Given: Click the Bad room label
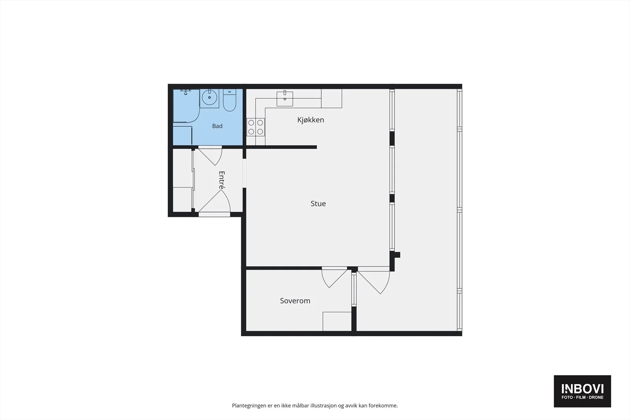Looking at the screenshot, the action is [x=217, y=126].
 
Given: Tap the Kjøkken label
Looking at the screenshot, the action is [x=311, y=120].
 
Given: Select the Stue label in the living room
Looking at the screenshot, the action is [x=318, y=204].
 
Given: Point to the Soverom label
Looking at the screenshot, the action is [x=295, y=301].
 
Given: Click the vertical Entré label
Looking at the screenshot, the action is [x=222, y=180].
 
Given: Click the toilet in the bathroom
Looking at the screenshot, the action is [x=230, y=100].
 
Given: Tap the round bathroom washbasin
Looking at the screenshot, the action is [x=209, y=97].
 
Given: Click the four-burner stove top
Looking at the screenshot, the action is [x=256, y=127].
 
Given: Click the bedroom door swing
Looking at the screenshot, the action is [x=334, y=277].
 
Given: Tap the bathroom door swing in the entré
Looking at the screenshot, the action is [x=210, y=156].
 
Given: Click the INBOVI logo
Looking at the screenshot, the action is [x=582, y=391].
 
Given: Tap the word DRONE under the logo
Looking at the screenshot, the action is [x=596, y=398].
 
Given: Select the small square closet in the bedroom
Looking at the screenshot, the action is [x=337, y=321].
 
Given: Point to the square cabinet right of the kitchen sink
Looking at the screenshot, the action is [x=332, y=98].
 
